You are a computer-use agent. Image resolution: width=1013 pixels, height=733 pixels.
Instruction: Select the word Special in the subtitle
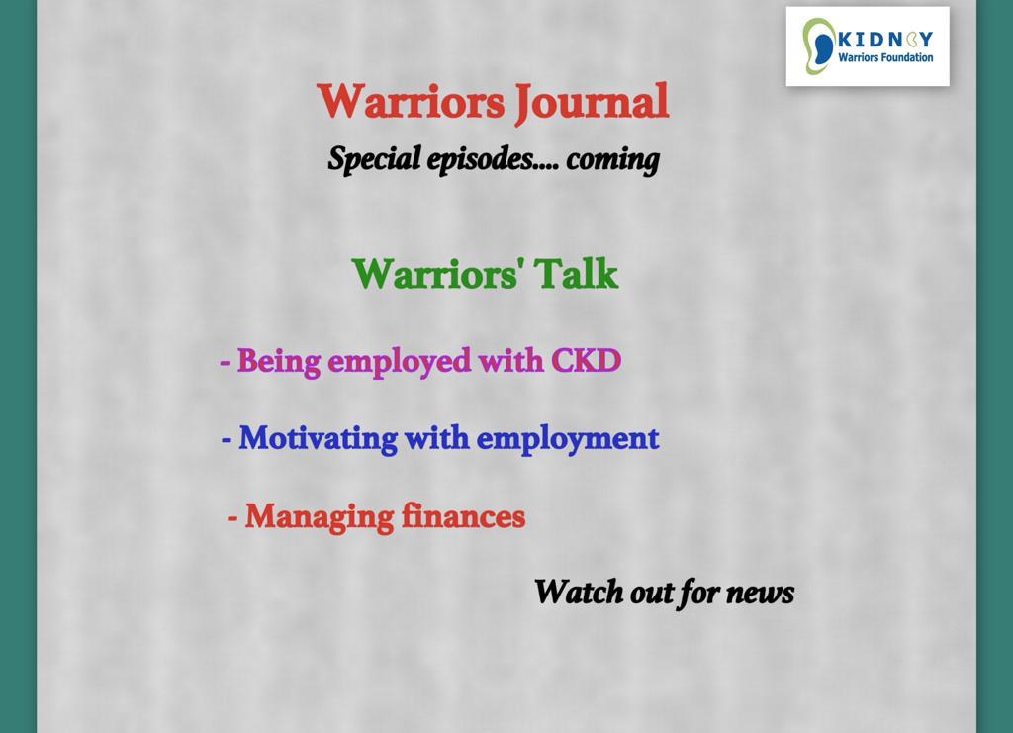374,159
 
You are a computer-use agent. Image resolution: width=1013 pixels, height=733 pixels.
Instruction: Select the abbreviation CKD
586,360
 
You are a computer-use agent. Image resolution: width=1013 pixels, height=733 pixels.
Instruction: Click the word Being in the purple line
278,362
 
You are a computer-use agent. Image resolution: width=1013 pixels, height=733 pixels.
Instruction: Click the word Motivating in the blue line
318,439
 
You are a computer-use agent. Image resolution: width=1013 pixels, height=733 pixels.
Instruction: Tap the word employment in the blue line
567,440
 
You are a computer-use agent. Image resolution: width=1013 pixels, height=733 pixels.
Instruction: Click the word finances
463,516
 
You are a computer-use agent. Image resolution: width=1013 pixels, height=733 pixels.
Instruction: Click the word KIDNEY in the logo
885,40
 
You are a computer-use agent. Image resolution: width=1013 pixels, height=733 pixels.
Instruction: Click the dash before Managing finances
232,518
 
